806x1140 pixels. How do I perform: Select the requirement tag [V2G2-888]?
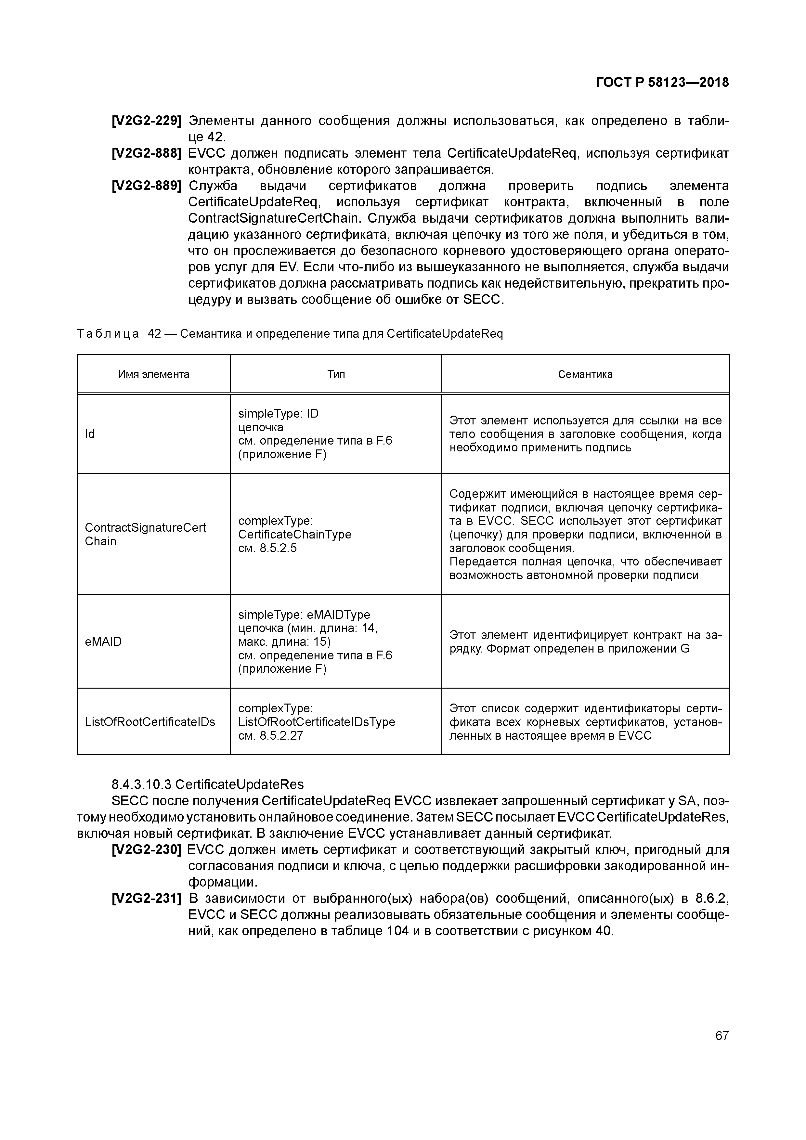(147, 153)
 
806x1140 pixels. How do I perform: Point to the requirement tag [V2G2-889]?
(147, 186)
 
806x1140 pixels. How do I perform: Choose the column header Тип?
(336, 374)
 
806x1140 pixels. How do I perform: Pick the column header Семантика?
(585, 374)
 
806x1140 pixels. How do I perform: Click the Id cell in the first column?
(90, 434)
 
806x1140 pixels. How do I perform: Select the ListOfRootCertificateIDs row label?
(150, 721)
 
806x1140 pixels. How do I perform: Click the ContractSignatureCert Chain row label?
(145, 534)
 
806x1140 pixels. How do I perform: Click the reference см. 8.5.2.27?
(271, 735)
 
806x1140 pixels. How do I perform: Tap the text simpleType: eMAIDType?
(304, 615)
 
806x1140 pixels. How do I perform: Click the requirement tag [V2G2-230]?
(147, 849)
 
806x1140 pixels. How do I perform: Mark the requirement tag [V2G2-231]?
(147, 898)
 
